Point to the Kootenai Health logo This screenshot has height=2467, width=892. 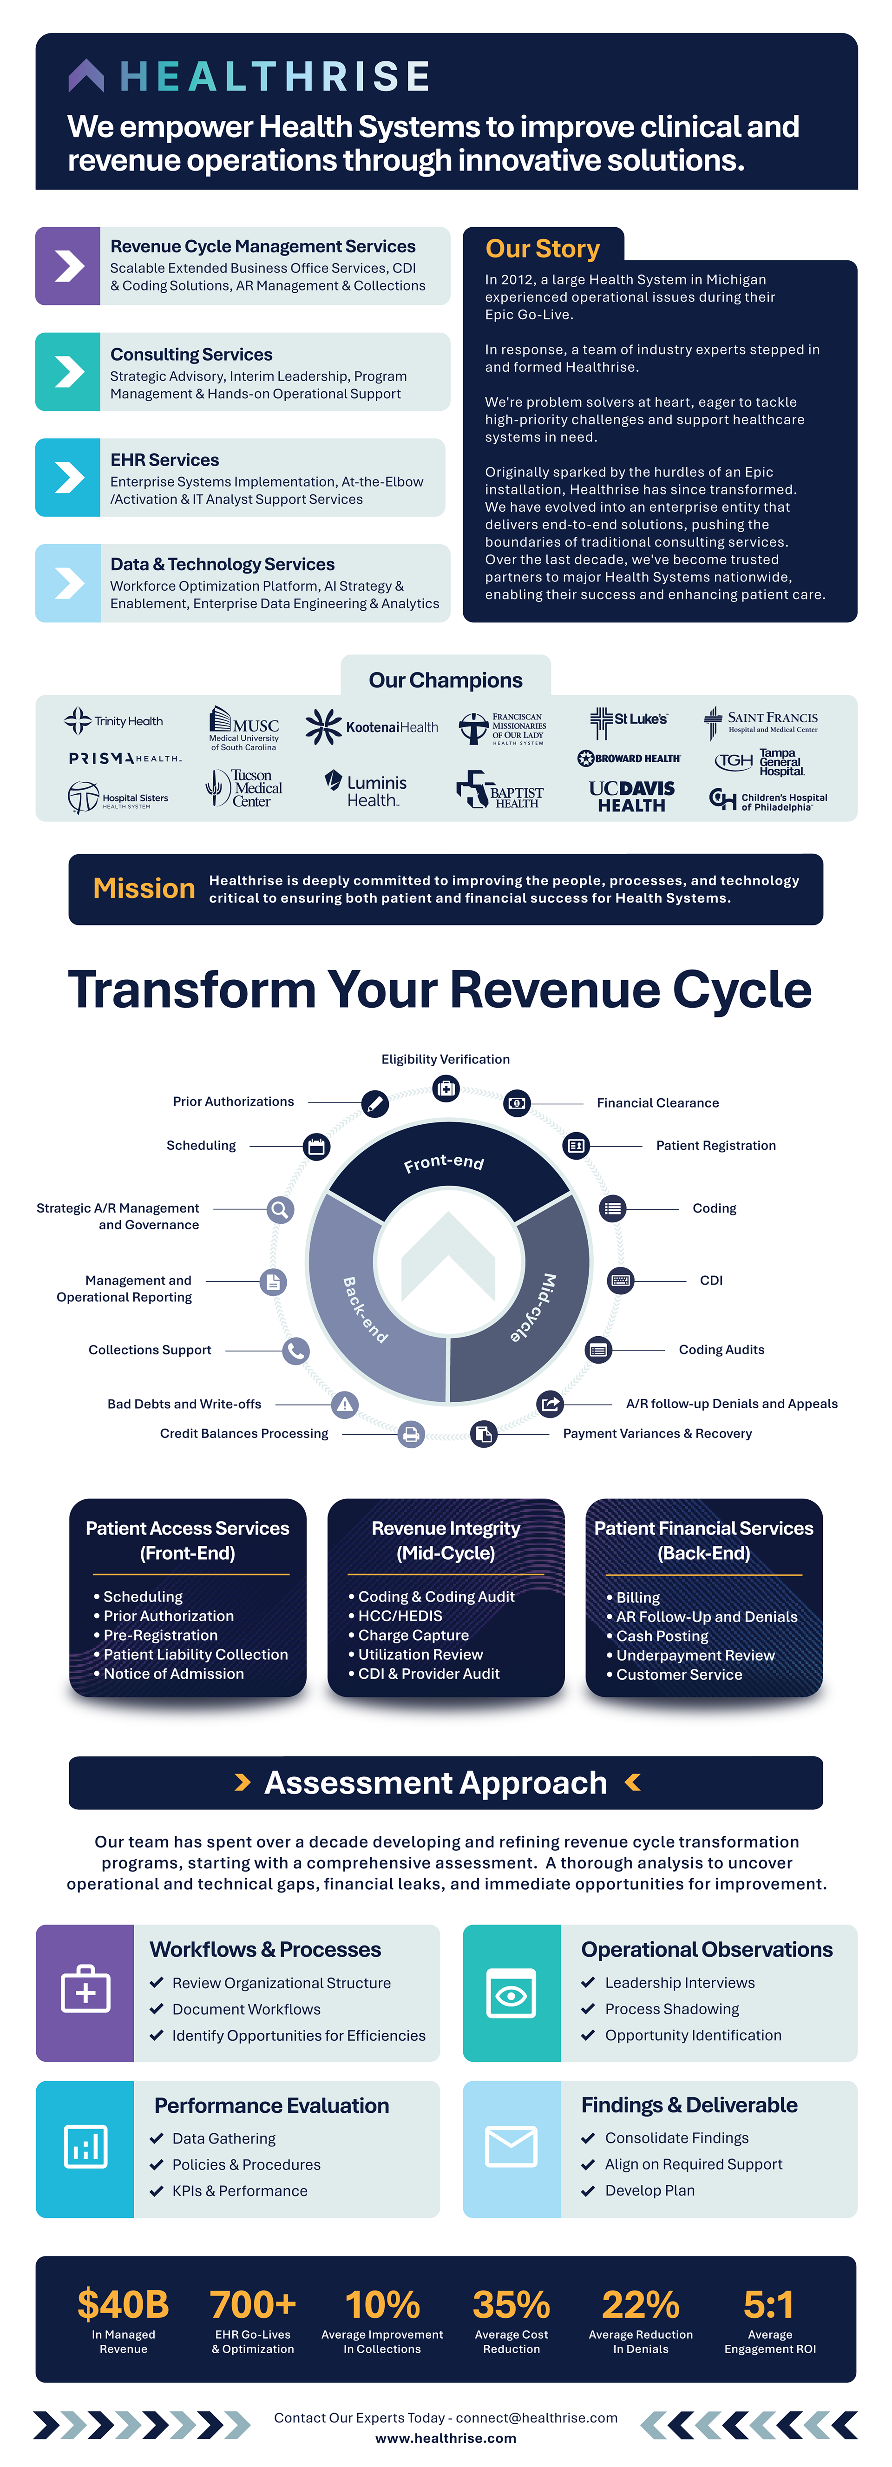tap(371, 727)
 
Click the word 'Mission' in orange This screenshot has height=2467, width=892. tap(144, 889)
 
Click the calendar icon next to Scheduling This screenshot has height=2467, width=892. tap(316, 1146)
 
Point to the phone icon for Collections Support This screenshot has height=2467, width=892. tap(296, 1350)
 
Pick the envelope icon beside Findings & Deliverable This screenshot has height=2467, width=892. tap(511, 2146)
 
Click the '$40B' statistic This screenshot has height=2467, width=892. tap(124, 2304)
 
